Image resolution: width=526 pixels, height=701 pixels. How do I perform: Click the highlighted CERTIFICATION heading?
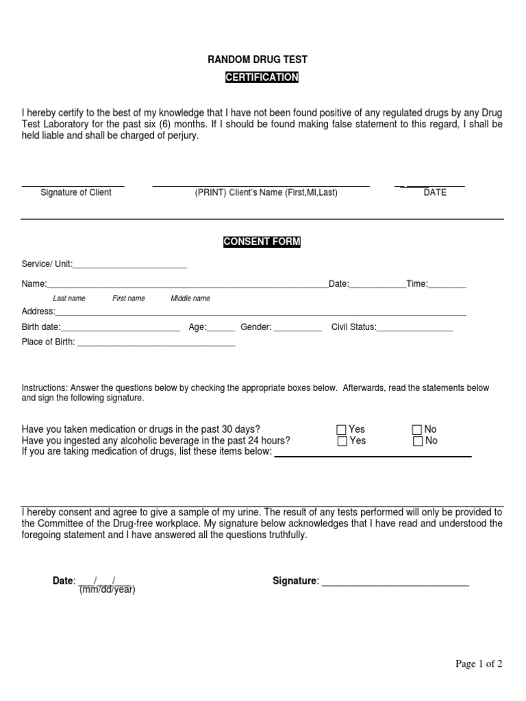point(262,77)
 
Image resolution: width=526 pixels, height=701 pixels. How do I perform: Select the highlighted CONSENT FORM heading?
point(262,242)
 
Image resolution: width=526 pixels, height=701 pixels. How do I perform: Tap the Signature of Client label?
point(76,192)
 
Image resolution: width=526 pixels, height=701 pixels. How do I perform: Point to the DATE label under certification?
point(435,192)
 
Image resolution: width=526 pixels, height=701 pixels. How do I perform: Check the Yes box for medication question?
point(342,430)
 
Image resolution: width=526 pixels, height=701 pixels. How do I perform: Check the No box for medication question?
point(417,430)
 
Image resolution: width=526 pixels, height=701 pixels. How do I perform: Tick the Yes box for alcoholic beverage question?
point(342,442)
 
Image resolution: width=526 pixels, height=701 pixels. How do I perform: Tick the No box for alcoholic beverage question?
point(417,442)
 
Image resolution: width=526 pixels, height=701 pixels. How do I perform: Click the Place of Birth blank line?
point(156,342)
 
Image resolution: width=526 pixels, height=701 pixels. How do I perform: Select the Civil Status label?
point(353,327)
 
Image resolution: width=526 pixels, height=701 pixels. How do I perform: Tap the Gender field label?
point(256,327)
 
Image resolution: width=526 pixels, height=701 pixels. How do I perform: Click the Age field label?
point(197,327)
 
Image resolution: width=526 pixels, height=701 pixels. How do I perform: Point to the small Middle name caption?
point(190,298)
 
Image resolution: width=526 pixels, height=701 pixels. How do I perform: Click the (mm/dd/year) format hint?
point(107,589)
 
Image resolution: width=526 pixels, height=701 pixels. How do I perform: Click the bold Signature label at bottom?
point(295,581)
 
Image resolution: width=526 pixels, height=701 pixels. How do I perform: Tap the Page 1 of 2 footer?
point(479,663)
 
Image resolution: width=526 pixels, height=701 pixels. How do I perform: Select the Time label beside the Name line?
point(417,283)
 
